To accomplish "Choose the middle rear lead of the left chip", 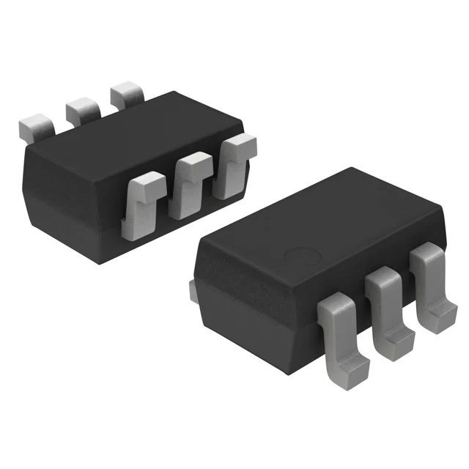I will click(x=82, y=110).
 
